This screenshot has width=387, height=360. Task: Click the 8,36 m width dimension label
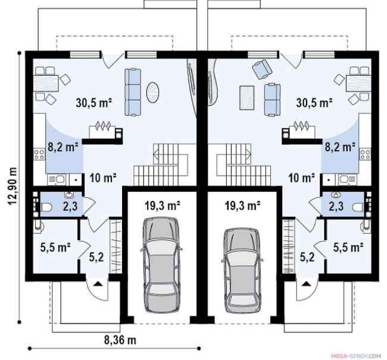120,340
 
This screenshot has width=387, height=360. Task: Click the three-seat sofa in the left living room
133,92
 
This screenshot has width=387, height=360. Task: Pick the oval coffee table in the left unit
153,92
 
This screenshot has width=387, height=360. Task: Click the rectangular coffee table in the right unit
247,97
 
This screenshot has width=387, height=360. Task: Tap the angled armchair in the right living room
263,69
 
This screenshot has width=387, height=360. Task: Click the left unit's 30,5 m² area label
94,103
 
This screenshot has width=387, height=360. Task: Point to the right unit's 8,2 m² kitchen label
340,147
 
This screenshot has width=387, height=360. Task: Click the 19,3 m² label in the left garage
162,206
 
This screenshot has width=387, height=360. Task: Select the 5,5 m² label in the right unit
348,247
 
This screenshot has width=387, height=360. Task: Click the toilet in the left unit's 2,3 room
46,207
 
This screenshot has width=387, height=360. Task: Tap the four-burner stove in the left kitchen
39,154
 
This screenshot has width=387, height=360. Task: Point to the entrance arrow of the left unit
98,284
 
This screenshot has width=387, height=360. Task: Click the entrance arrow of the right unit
306,284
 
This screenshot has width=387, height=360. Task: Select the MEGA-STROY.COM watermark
355,356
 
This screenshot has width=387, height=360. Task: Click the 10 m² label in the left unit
103,178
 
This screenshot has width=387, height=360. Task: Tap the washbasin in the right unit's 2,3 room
335,195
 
